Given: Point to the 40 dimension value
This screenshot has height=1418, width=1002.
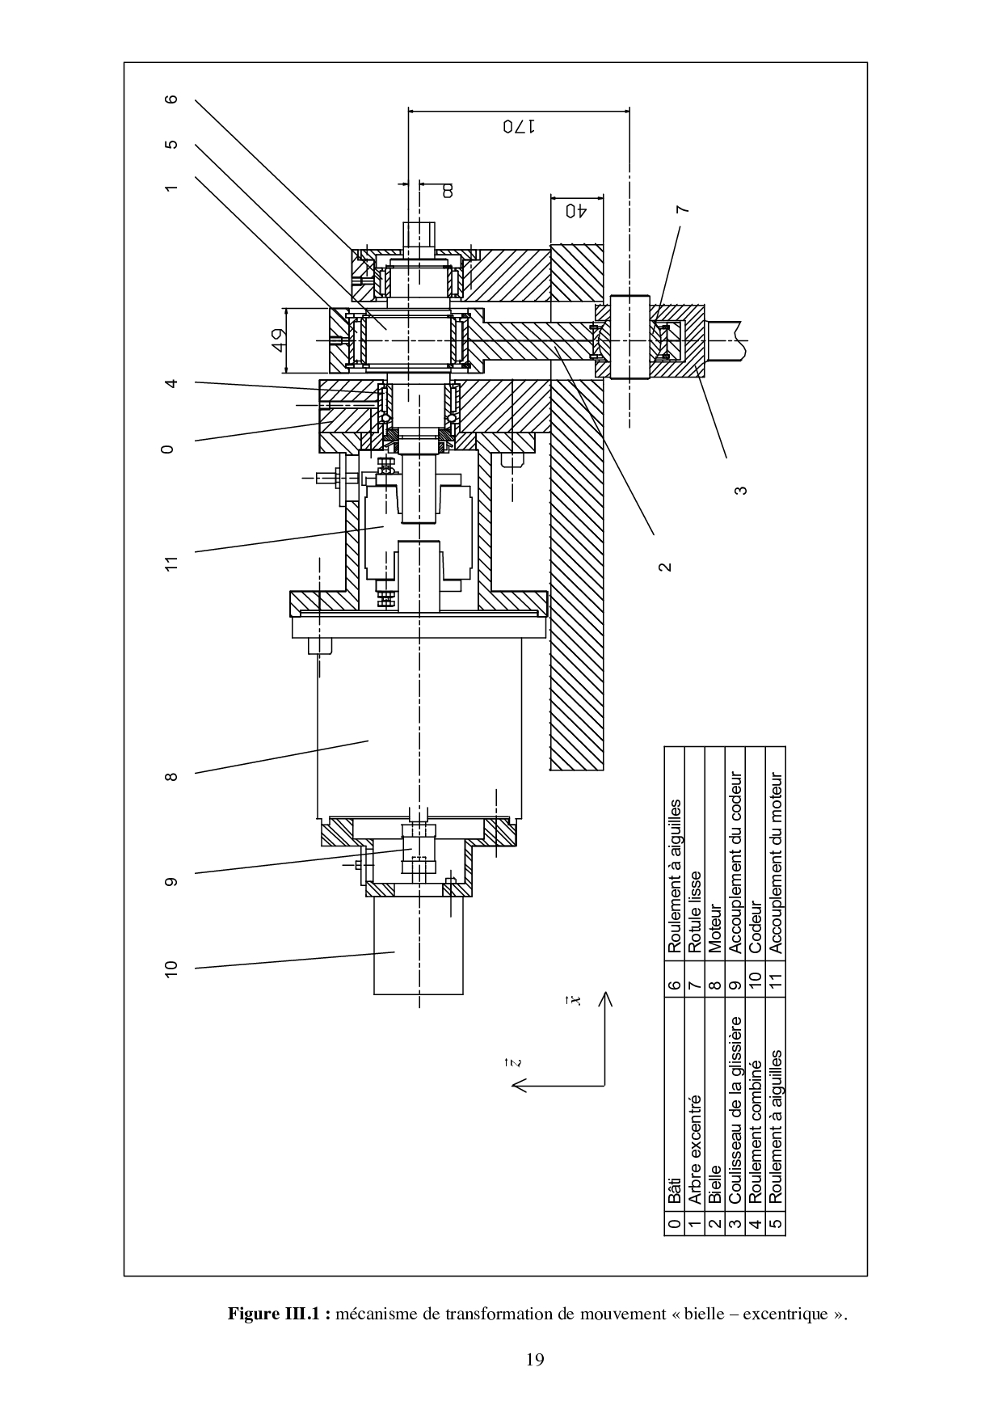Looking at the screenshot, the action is click(x=575, y=211).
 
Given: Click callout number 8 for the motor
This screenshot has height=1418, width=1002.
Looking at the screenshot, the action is click(x=170, y=777).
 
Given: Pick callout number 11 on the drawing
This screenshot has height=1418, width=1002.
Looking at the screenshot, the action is click(x=170, y=563).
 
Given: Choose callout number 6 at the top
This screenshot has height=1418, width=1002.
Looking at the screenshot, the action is click(x=170, y=99).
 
